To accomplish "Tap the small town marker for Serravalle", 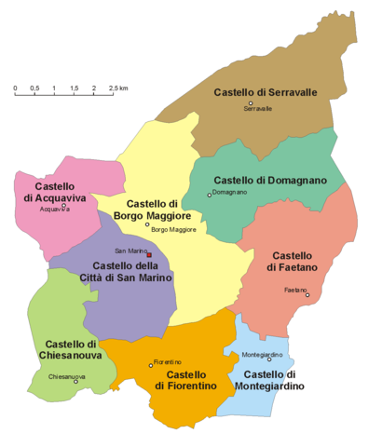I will tap(251, 103).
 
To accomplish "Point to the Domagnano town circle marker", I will tap(210, 195).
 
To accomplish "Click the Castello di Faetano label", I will tap(293, 261).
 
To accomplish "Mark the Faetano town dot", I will tap(307, 295).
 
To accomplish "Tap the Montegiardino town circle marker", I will tap(269, 359).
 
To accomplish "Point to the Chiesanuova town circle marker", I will tap(76, 381).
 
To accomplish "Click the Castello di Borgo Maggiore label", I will tap(153, 210).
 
